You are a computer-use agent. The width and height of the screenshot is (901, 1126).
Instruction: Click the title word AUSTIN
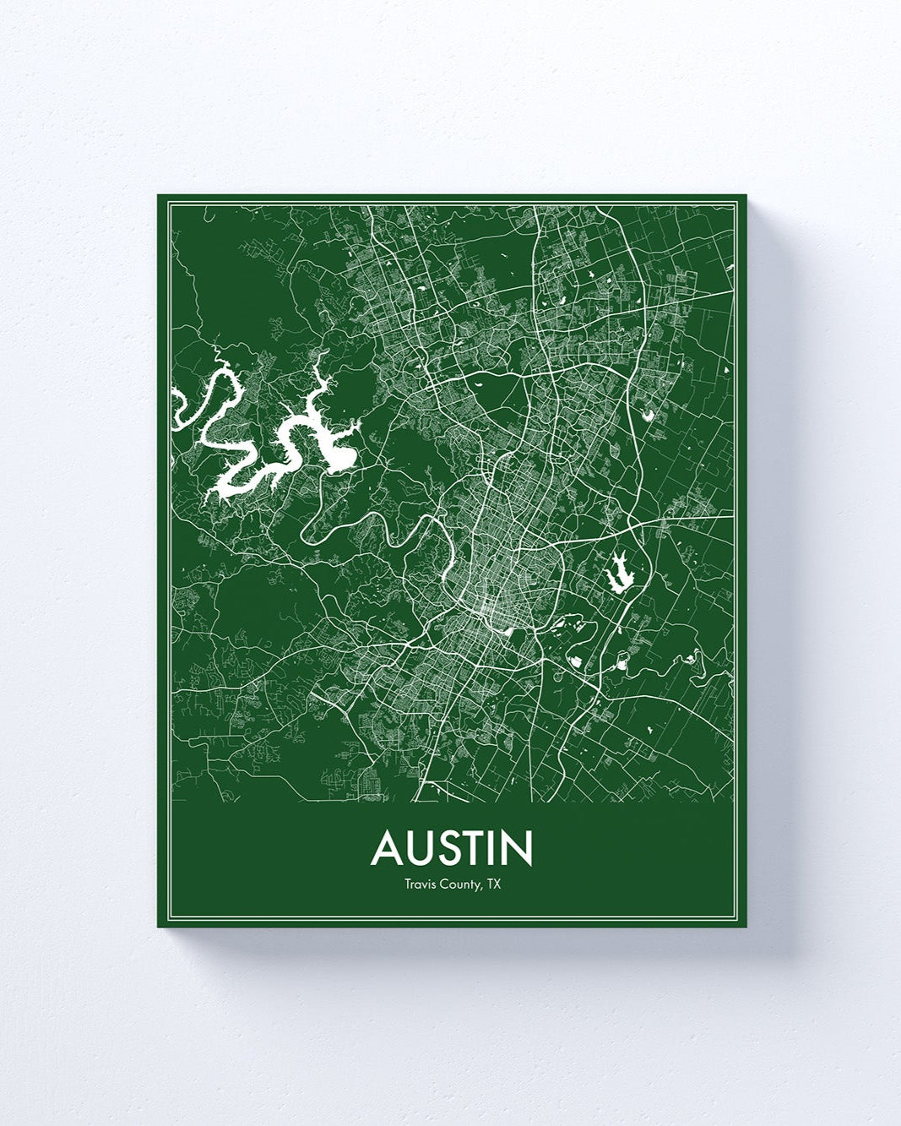452,848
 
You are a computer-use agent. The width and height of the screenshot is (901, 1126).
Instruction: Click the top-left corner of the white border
164,202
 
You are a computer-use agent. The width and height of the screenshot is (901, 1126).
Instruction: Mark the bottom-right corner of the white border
740,920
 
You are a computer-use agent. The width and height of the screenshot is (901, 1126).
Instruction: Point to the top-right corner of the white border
740,202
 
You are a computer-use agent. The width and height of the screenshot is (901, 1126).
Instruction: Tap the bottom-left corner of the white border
164,920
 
